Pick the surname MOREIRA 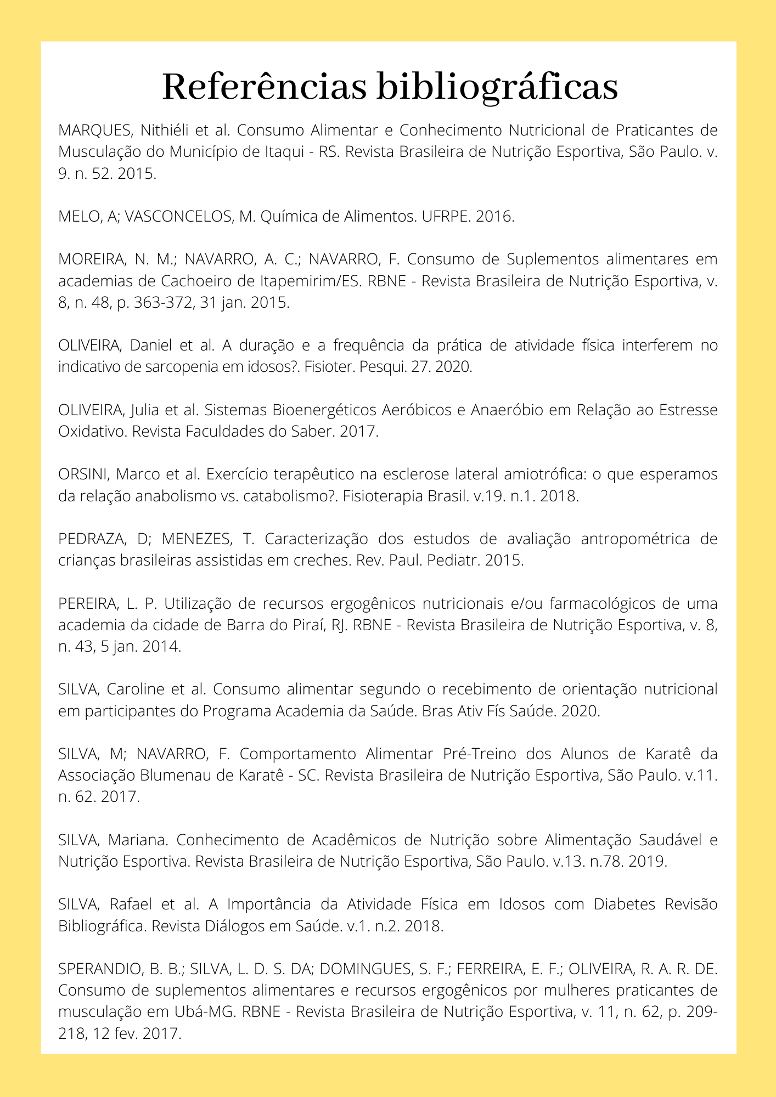click(93, 259)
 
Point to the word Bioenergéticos click(324, 410)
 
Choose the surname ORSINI click(83, 474)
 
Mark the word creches click(324, 561)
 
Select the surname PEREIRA click(87, 603)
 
